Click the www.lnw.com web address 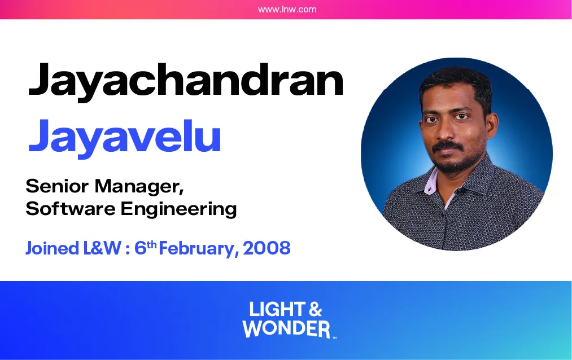[x=287, y=10]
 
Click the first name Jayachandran [x=186, y=81]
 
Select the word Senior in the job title [x=57, y=186]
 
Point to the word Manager [x=139, y=187]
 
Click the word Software [x=71, y=209]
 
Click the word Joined [x=53, y=248]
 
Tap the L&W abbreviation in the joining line [x=103, y=248]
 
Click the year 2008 [x=267, y=248]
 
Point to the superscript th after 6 [x=152, y=244]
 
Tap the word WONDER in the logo [x=286, y=328]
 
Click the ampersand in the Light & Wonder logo [x=315, y=310]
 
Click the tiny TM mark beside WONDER [x=334, y=337]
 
